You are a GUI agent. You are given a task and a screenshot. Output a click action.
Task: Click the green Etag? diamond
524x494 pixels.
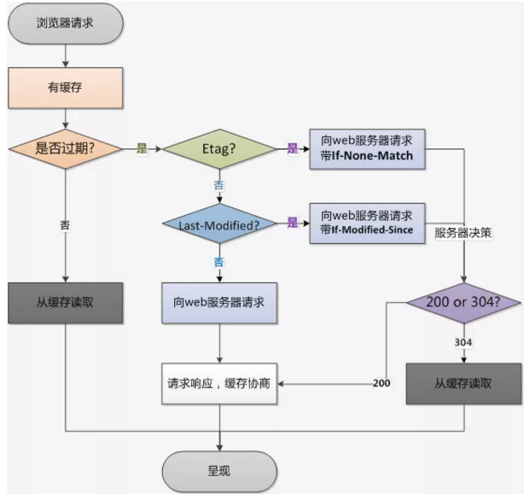click(x=220, y=148)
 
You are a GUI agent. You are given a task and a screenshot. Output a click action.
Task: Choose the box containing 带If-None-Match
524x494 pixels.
click(x=366, y=148)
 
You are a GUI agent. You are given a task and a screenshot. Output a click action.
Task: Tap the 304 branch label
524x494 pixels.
click(x=463, y=342)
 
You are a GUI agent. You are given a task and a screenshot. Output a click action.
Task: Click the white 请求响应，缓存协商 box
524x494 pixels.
click(x=220, y=383)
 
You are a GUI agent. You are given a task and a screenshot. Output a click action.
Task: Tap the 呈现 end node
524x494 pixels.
click(x=220, y=470)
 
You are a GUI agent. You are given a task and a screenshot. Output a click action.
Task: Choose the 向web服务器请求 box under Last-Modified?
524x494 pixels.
click(x=220, y=303)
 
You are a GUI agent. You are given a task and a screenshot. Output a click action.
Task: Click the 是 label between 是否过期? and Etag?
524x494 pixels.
click(x=142, y=148)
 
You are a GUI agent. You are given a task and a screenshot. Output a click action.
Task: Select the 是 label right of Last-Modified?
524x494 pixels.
click(x=293, y=224)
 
